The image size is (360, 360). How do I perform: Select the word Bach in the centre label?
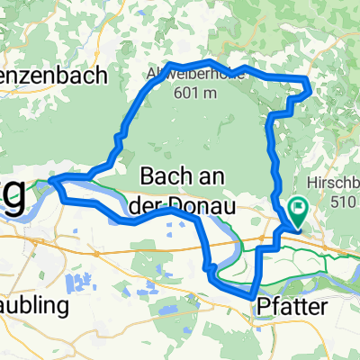pyautogui.click(x=165, y=173)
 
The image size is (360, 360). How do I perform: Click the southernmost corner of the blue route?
pyautogui.click(x=250, y=294)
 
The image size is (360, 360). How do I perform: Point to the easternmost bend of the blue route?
pyautogui.click(x=310, y=87)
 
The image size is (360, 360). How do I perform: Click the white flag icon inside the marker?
pyautogui.click(x=298, y=207)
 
